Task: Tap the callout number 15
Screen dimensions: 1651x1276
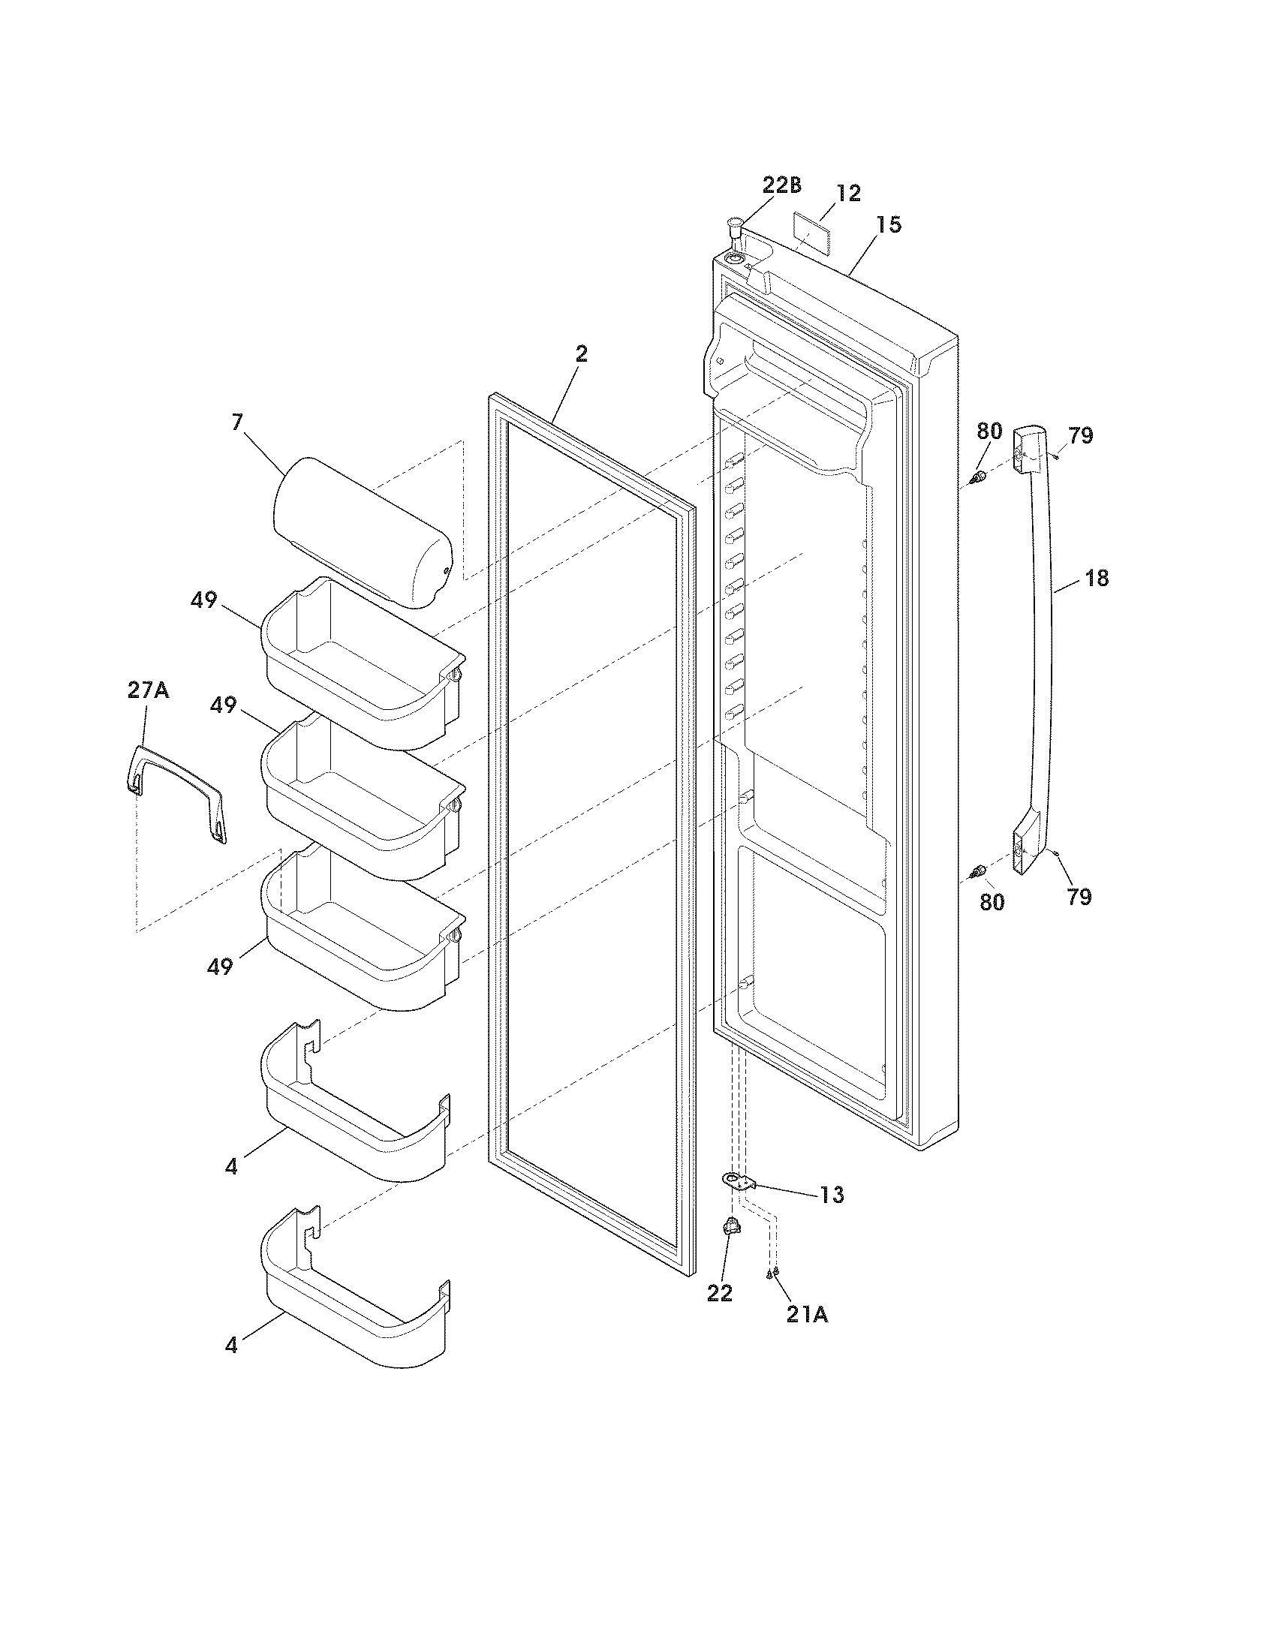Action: point(889,224)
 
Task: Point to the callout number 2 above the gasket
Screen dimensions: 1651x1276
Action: point(580,353)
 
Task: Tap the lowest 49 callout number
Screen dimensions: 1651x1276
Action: point(220,966)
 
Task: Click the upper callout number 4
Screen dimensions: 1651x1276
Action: point(230,1166)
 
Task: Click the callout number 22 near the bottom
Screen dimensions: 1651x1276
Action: point(720,1294)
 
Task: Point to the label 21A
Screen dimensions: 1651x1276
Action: point(807,1315)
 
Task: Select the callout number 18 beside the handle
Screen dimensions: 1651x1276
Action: point(1096,579)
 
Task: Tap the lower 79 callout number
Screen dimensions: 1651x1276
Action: point(1079,897)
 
